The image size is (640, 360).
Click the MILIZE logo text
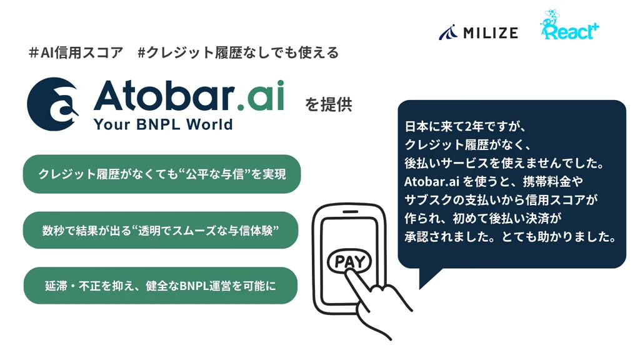point(489,32)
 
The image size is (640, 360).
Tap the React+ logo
point(567,27)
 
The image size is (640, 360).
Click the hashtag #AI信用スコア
point(76,53)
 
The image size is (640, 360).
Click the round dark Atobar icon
point(53,104)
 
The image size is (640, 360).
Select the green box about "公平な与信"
point(162,174)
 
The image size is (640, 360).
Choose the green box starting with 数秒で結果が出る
point(161,230)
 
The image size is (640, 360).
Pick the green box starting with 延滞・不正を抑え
point(161,286)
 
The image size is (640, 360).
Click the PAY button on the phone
point(349,261)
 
